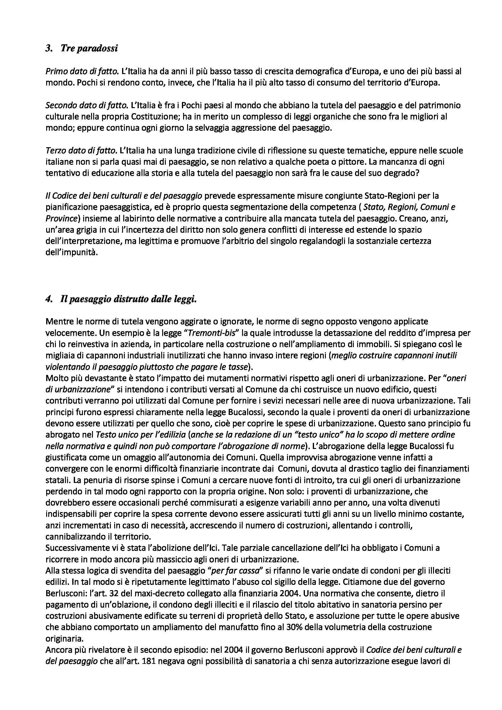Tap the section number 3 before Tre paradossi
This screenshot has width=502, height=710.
[x=48, y=48]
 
